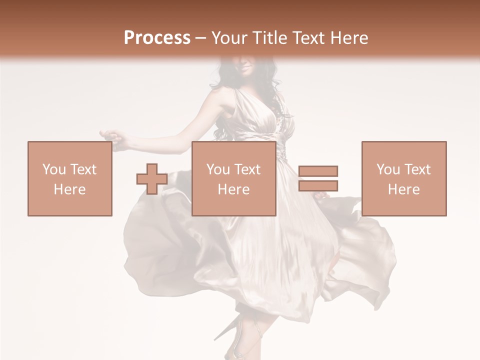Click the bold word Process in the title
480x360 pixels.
pyautogui.click(x=157, y=38)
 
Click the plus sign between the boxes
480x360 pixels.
pyautogui.click(x=152, y=179)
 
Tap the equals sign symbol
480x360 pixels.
pyautogui.click(x=318, y=178)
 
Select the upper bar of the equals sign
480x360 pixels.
pyautogui.click(x=318, y=171)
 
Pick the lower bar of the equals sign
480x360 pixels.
pyautogui.click(x=318, y=185)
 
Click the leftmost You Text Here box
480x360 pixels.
pyautogui.click(x=69, y=179)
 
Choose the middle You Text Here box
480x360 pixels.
pyautogui.click(x=233, y=179)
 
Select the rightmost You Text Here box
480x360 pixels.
pyautogui.click(x=403, y=179)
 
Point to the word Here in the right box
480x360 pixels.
pyautogui.click(x=403, y=189)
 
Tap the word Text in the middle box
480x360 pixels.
pyautogui.click(x=247, y=169)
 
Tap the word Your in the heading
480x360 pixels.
pyautogui.click(x=229, y=38)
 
